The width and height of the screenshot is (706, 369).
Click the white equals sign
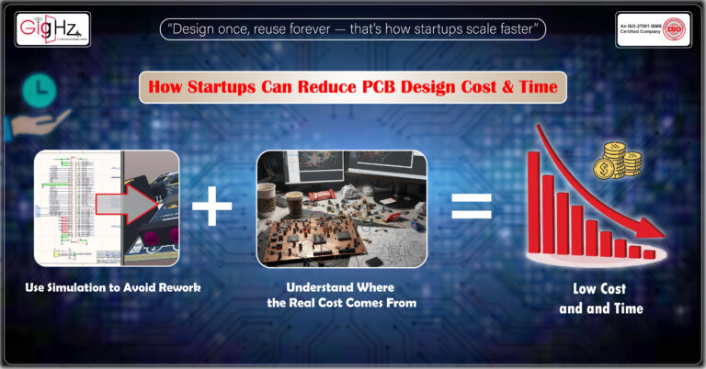coord(471,207)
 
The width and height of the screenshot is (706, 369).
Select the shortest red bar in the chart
coord(649,253)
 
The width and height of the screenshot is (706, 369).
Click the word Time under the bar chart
coord(626,309)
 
